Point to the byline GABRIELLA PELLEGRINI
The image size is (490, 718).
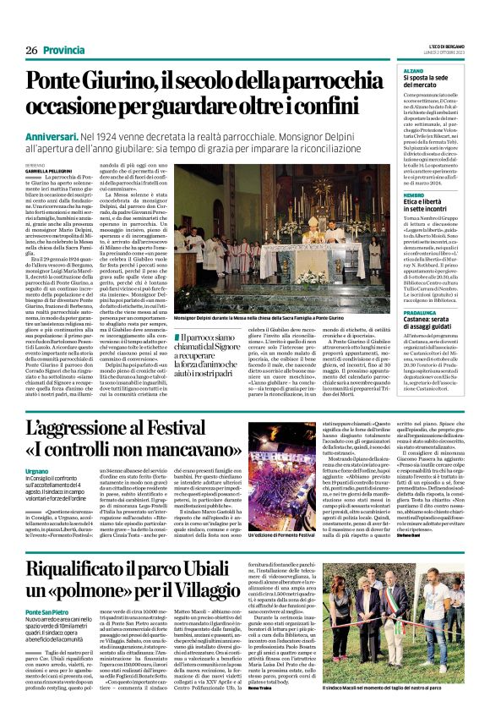coord(49,171)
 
